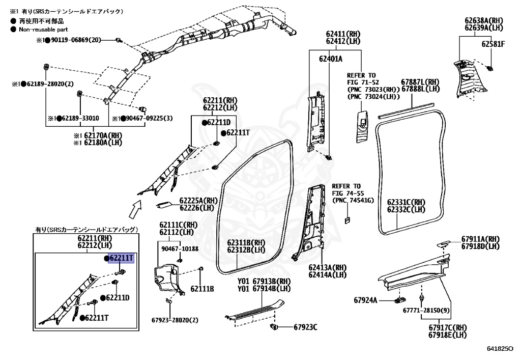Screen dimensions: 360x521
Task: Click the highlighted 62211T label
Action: [x=121, y=258]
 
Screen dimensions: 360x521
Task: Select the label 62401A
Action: [x=331, y=59]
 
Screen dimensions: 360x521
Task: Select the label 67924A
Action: [x=365, y=300]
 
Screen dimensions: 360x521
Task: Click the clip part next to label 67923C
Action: [x=274, y=326]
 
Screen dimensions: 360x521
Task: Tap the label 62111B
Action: [x=202, y=289]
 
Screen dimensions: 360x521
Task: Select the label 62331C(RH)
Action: [x=406, y=202]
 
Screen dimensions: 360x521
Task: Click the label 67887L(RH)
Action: [x=420, y=82]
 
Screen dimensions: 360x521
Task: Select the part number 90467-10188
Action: [x=180, y=248]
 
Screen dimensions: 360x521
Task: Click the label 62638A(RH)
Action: [x=483, y=21]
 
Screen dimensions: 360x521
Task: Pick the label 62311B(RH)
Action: [x=246, y=242]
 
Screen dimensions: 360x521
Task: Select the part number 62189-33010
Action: [x=76, y=118]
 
